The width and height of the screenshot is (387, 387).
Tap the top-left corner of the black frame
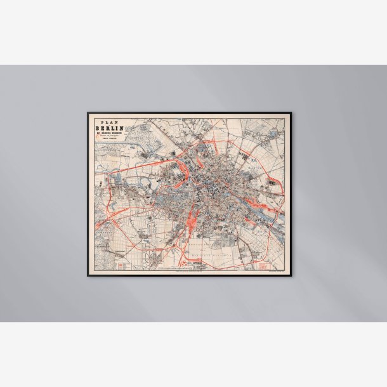[88, 113]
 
